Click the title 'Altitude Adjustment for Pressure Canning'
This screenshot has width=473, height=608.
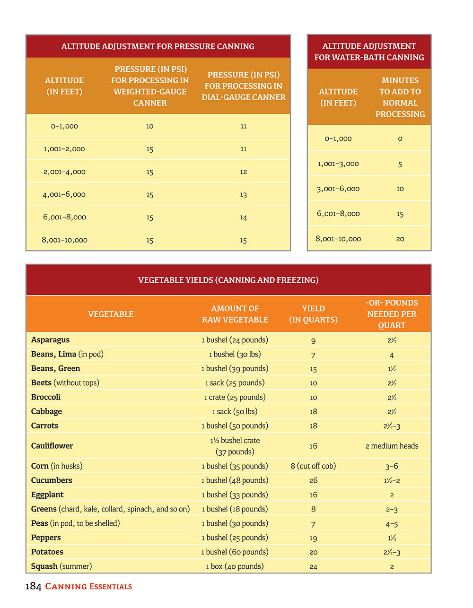point(158,46)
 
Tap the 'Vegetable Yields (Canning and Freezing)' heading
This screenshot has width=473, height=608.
point(228,280)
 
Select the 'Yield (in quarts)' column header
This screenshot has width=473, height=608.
point(313,314)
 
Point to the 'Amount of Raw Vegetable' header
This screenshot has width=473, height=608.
point(235,314)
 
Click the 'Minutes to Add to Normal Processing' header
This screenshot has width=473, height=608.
point(400,97)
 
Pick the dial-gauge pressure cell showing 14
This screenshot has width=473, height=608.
point(243,217)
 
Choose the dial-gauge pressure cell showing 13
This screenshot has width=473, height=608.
point(243,195)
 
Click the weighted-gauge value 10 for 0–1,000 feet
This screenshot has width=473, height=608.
point(149,126)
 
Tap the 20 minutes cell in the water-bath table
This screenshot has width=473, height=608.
point(400,239)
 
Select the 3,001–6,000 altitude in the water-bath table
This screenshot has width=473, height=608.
point(338,189)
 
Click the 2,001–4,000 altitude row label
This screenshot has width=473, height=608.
point(64,172)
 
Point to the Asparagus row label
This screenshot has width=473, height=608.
point(50,340)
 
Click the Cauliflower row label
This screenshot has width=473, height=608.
point(52,446)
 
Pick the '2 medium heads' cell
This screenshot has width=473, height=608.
point(392,446)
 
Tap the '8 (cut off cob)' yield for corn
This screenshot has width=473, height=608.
point(313,466)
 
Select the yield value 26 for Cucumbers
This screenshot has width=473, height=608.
point(313,480)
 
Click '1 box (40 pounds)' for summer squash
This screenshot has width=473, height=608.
point(235,566)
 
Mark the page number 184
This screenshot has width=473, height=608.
point(33,587)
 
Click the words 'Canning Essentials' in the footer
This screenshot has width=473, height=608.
point(88,587)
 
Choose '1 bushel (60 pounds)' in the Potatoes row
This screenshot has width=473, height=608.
point(235,552)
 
